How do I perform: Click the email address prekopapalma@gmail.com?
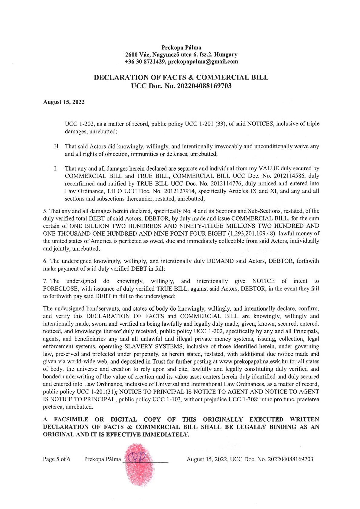203,62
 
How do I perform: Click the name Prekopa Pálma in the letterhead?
181,47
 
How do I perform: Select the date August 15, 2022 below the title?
64,102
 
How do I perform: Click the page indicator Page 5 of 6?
57,459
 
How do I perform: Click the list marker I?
56,168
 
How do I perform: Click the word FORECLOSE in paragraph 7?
61,289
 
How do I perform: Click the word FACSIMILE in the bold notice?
71,419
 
